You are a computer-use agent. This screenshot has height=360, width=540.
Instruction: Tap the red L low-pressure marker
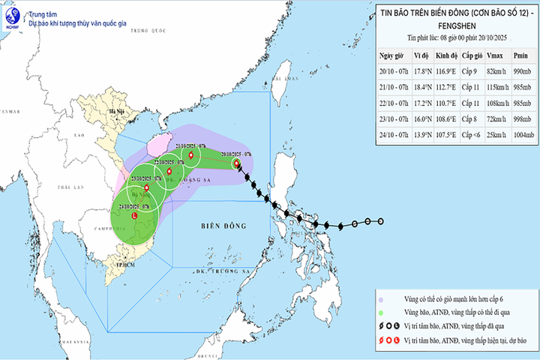click(x=135, y=216)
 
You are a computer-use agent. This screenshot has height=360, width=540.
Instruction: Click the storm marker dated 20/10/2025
click(x=236, y=163)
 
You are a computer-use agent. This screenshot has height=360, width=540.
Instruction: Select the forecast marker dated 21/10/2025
click(x=191, y=157)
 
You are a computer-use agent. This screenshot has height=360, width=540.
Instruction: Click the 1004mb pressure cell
click(x=520, y=135)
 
